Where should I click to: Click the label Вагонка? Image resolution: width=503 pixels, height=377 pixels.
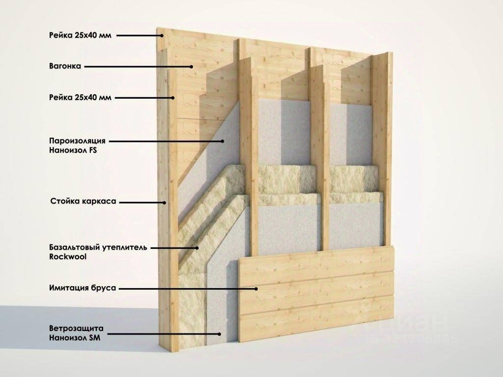click(x=65, y=66)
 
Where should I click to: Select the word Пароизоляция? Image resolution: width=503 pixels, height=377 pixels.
click(x=77, y=141)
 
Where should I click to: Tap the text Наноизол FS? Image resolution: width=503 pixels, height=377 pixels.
click(x=73, y=150)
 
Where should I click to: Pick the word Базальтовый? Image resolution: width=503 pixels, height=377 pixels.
click(x=75, y=247)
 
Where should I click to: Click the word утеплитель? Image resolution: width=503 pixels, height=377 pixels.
click(x=124, y=247)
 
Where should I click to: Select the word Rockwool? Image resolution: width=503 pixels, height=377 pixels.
click(x=68, y=257)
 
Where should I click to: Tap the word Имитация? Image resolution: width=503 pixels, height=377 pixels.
click(x=67, y=288)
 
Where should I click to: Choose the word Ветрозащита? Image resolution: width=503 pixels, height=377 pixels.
click(x=76, y=328)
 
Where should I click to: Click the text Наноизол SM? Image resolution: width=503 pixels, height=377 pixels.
click(x=75, y=338)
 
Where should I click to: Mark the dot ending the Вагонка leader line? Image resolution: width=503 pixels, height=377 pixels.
click(x=191, y=67)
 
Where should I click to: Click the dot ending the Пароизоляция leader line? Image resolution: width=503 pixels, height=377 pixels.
click(x=223, y=141)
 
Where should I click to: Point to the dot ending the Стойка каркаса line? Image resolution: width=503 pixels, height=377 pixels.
click(x=165, y=203)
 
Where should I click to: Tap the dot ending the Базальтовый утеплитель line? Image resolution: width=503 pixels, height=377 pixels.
click(x=197, y=248)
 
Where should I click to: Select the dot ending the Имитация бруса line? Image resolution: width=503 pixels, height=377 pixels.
click(x=256, y=289)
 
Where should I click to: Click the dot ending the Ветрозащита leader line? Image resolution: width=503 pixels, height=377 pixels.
click(x=220, y=334)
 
